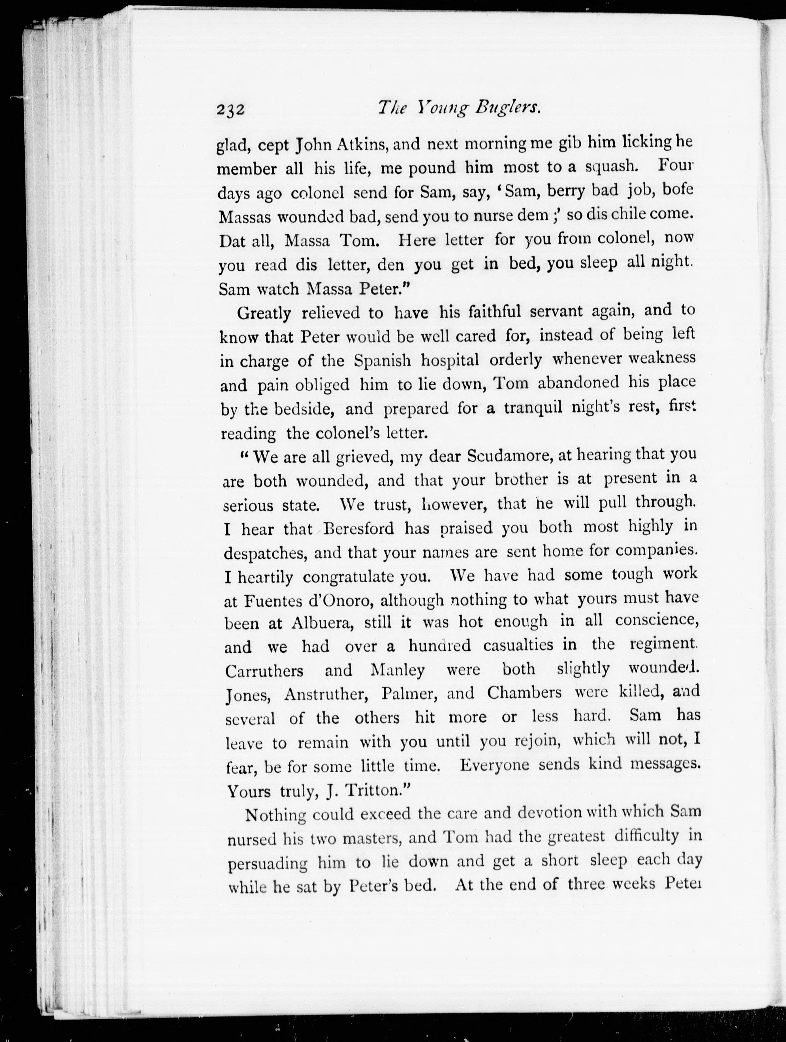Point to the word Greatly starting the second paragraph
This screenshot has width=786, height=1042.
tap(264, 313)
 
